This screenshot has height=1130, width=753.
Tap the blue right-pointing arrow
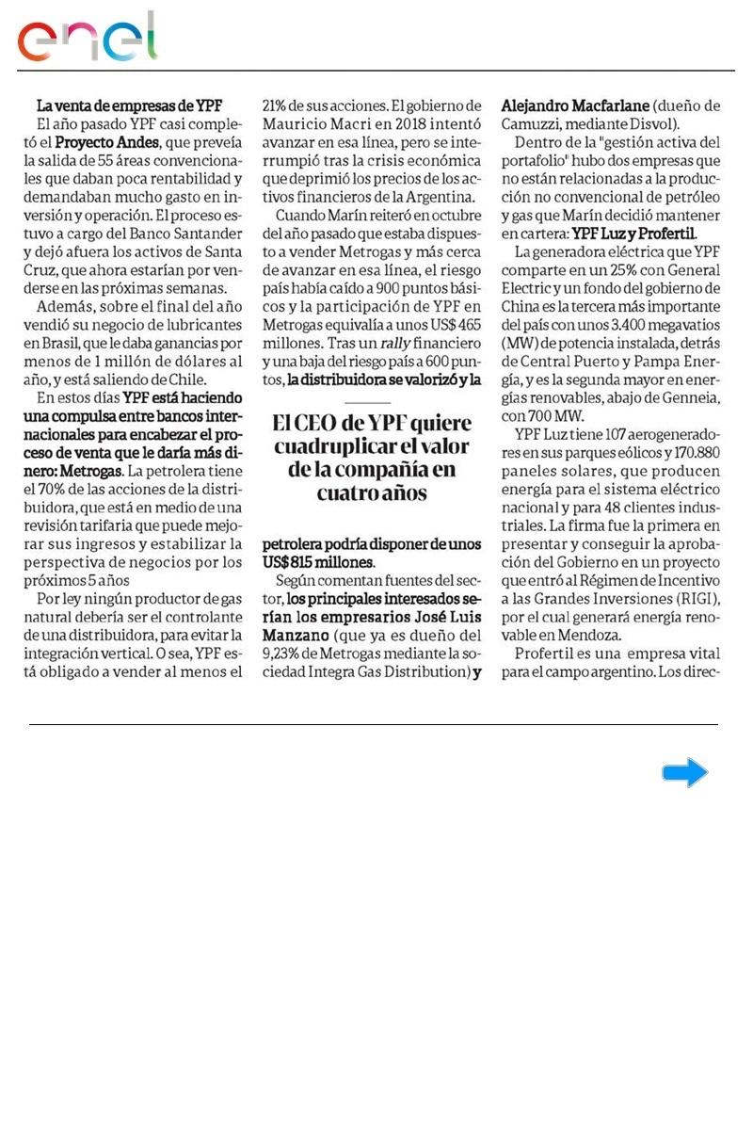tap(684, 773)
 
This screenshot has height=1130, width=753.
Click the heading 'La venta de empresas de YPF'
tap(130, 105)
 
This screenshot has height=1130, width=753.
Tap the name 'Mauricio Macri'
tap(312, 123)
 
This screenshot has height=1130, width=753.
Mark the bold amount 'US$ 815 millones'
tap(318, 561)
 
